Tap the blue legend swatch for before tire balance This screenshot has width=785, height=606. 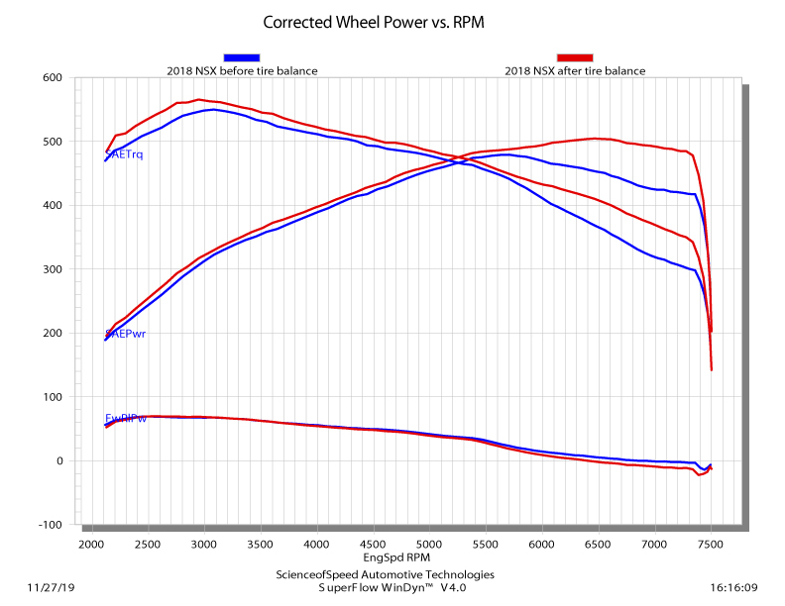[x=242, y=57]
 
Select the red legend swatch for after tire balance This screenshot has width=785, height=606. [x=575, y=57]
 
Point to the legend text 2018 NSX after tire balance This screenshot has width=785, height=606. [x=575, y=71]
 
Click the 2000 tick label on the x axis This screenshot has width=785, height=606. [x=91, y=546]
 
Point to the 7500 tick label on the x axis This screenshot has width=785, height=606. [x=711, y=546]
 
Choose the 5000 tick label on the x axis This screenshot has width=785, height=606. [x=429, y=546]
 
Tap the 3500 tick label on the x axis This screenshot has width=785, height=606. [x=260, y=546]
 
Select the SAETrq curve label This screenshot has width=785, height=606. [x=125, y=154]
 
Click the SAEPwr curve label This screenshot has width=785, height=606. [x=126, y=334]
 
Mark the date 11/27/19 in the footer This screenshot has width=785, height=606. [x=53, y=587]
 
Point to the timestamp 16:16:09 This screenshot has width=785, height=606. [x=732, y=587]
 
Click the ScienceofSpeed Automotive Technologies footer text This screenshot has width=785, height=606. [x=385, y=574]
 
